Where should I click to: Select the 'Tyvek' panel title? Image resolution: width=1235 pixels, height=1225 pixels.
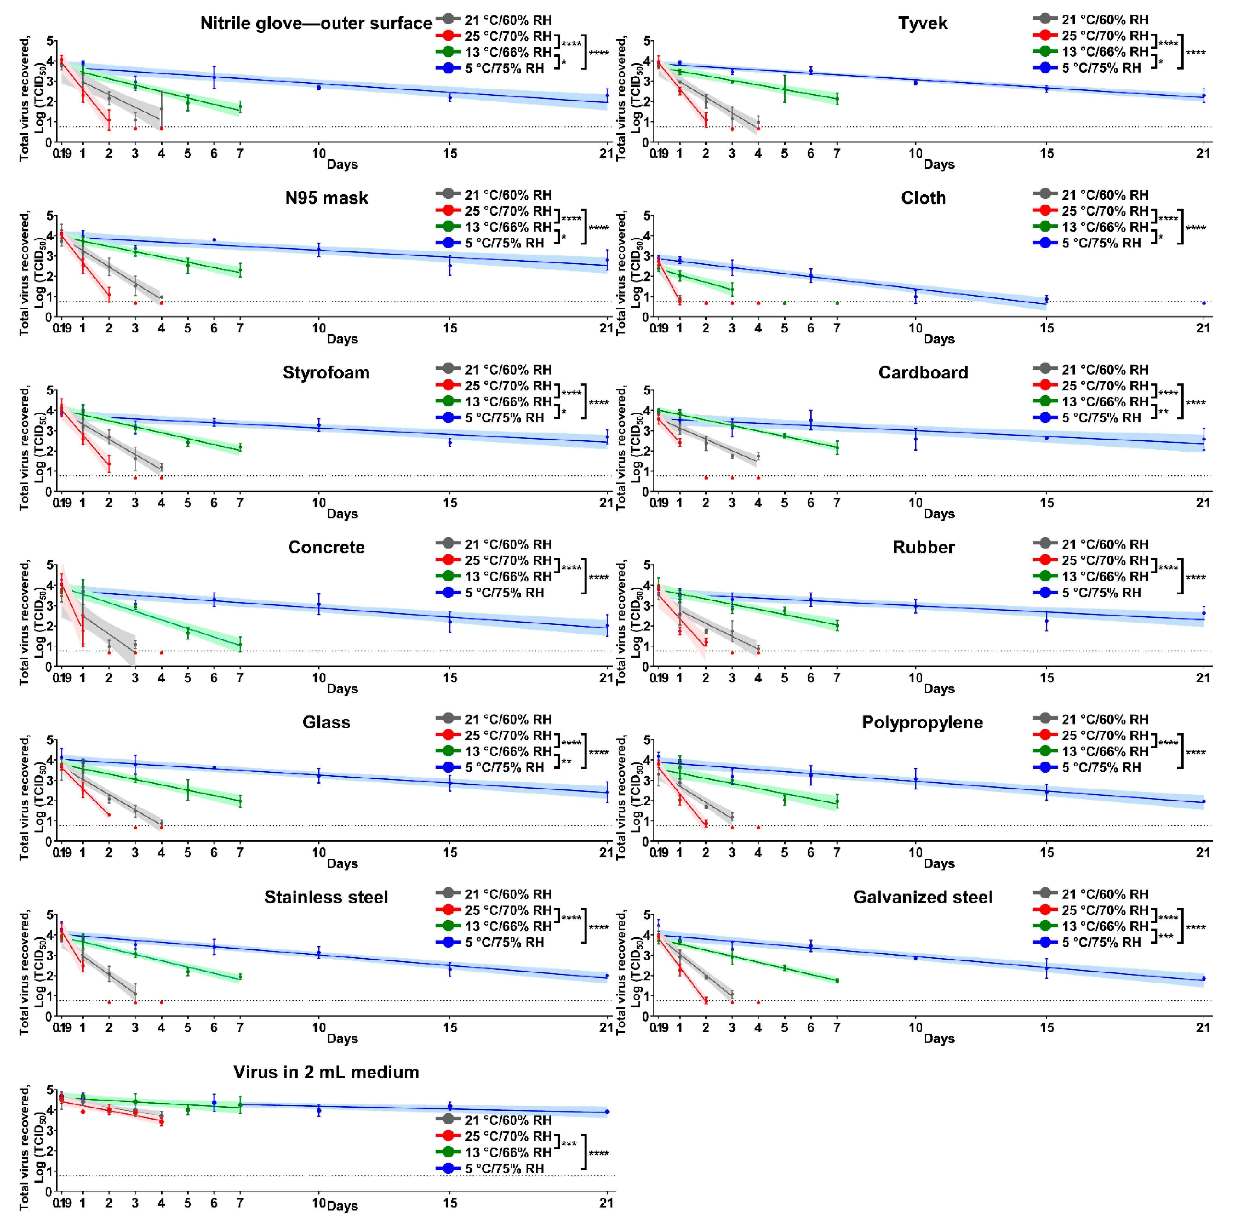tap(922, 24)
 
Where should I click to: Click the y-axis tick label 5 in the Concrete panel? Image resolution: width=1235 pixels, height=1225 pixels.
tap(49, 565)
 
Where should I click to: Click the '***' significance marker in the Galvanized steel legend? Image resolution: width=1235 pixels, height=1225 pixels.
tap(1165, 937)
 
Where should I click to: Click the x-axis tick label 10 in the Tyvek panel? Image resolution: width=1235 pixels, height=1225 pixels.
tap(915, 154)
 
